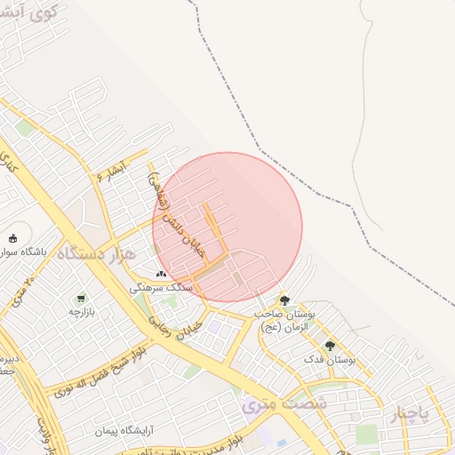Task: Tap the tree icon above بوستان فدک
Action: pos(330,346)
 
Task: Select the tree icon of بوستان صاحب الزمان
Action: pos(284,300)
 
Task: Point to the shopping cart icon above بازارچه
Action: pos(81,299)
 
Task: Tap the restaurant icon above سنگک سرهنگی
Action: pos(161,274)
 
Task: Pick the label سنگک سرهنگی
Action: pos(161,288)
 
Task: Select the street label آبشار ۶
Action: pos(113,169)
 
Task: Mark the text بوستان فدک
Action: pos(330,360)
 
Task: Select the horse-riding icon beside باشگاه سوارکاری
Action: pos(12,237)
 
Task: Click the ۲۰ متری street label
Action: pos(22,292)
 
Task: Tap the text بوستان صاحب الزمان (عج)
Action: pos(284,321)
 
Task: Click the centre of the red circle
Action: pos(227,227)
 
